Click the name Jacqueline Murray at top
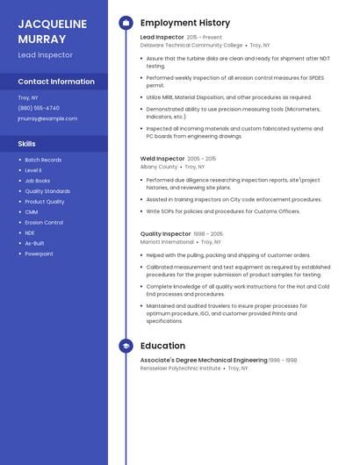click(53, 32)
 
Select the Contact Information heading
click(56, 82)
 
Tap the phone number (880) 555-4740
click(39, 108)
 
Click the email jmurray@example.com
click(47, 118)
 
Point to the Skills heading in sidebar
click(27, 143)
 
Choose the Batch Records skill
click(43, 160)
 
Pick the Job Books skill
click(38, 181)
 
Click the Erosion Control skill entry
click(44, 223)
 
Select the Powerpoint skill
click(39, 254)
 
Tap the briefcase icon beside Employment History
click(126, 23)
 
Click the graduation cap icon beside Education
click(126, 346)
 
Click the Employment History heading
click(184, 23)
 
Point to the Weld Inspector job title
click(162, 159)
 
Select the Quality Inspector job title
click(165, 234)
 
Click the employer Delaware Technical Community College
click(191, 45)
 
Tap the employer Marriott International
click(167, 242)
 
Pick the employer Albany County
click(159, 167)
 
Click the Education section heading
click(162, 346)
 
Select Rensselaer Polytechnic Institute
click(180, 368)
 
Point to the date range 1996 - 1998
click(283, 361)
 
